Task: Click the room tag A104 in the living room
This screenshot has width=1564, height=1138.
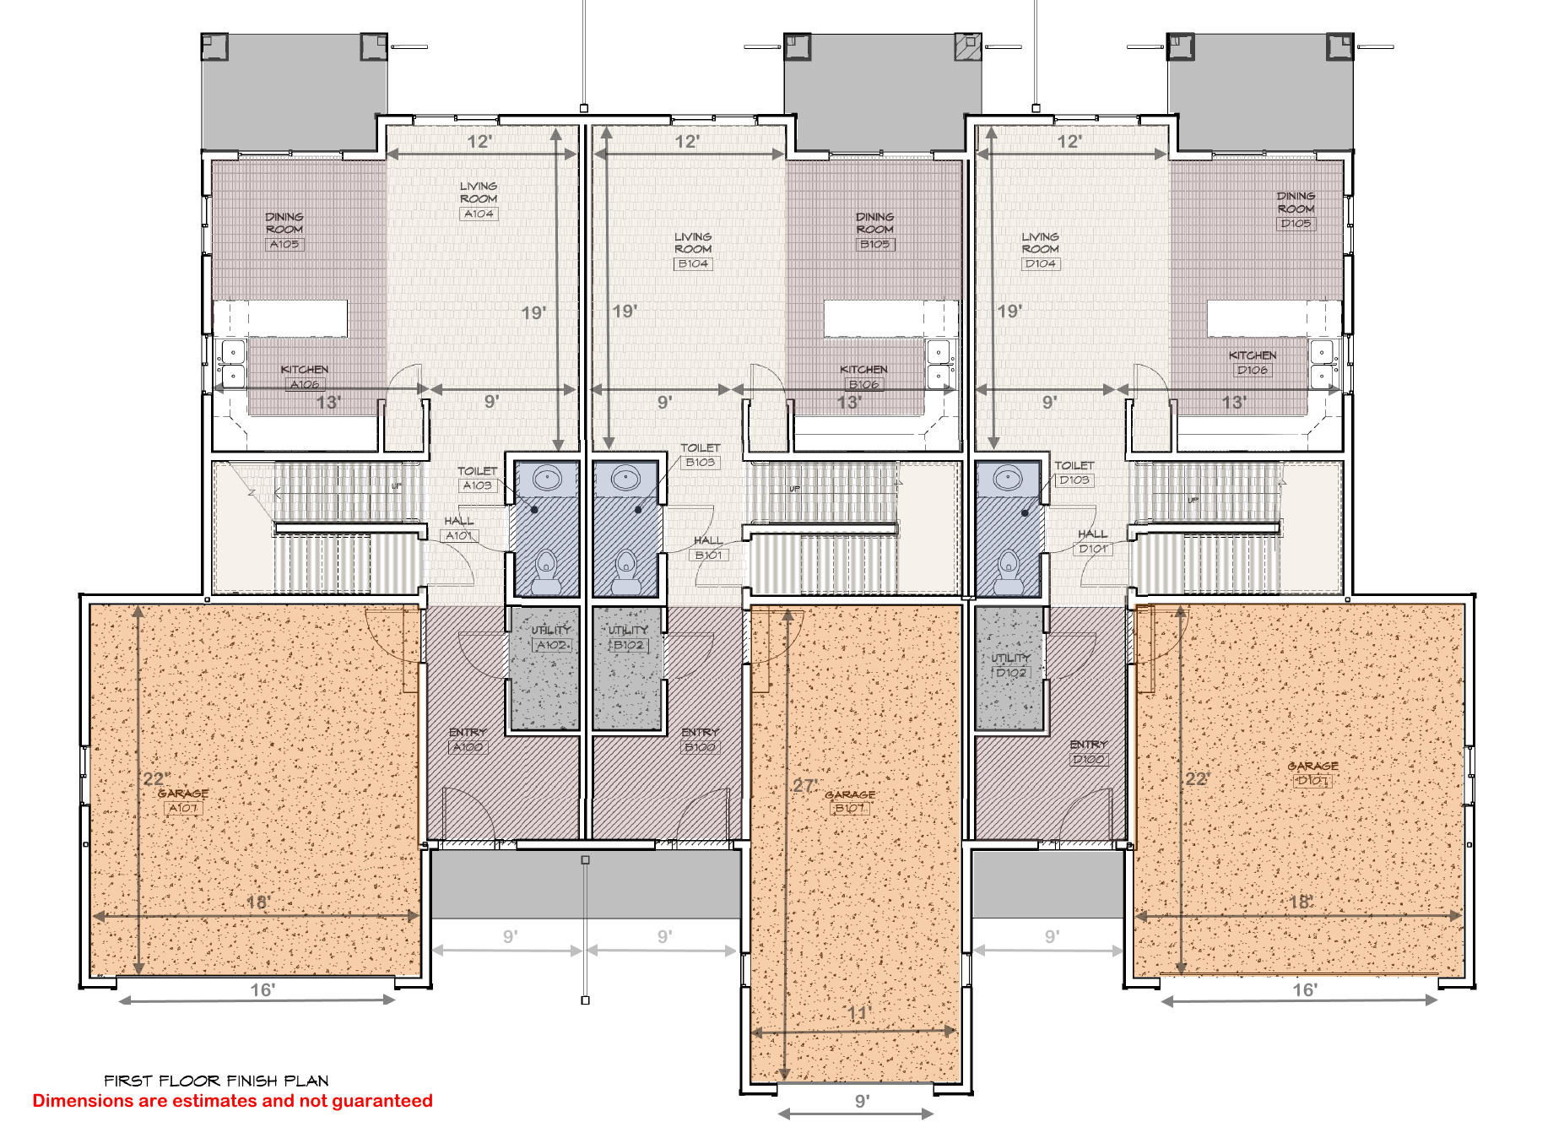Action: pyautogui.click(x=479, y=214)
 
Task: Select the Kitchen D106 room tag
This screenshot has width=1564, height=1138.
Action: pyautogui.click(x=1253, y=370)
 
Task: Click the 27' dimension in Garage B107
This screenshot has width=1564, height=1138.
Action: pyautogui.click(x=804, y=786)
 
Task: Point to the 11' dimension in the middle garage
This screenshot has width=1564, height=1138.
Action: pyautogui.click(x=858, y=1013)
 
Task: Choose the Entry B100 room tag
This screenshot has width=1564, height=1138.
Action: pyautogui.click(x=701, y=746)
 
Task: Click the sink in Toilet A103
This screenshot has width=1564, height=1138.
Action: pyautogui.click(x=547, y=479)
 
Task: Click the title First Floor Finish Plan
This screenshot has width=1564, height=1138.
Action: pyautogui.click(x=216, y=1081)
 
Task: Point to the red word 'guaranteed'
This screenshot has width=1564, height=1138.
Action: pyautogui.click(x=382, y=1101)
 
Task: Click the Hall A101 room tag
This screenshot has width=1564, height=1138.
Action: pyautogui.click(x=459, y=535)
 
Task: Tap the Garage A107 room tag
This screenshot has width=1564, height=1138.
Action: pyautogui.click(x=183, y=808)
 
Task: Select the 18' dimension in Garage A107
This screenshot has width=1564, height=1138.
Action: pyautogui.click(x=257, y=902)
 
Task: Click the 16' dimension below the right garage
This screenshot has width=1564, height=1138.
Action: pyautogui.click(x=1305, y=989)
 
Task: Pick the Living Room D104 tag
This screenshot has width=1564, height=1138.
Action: pyautogui.click(x=1040, y=263)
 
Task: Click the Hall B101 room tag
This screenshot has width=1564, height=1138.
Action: pyautogui.click(x=709, y=555)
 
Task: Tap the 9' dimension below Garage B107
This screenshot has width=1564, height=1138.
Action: pyautogui.click(x=862, y=1101)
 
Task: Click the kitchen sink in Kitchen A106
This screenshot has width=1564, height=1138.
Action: pyautogui.click(x=233, y=363)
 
